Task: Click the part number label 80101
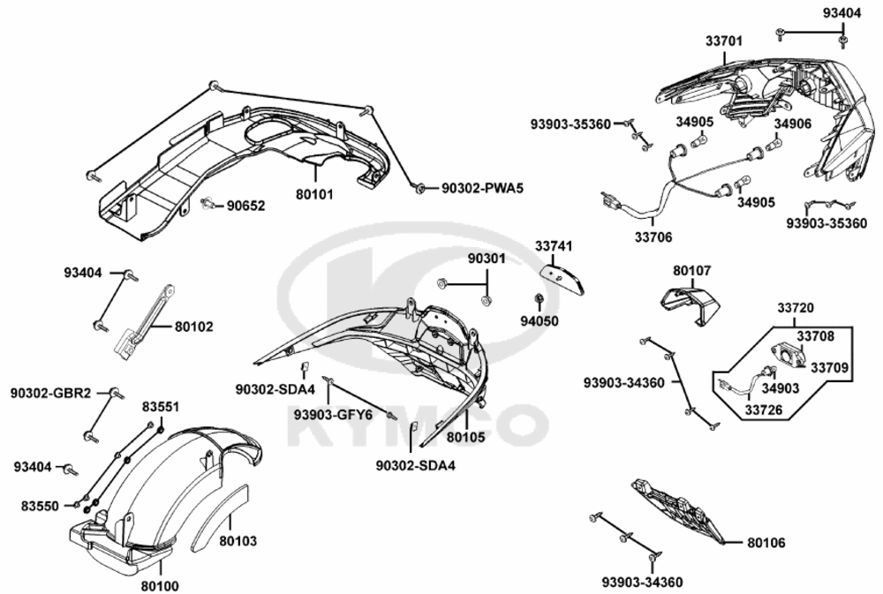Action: click(315, 194)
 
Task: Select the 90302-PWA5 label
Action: click(483, 188)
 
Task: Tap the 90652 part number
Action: click(245, 206)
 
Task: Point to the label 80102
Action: click(193, 327)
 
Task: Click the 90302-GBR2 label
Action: click(50, 393)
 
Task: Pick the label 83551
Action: click(161, 407)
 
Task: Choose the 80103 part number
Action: click(238, 541)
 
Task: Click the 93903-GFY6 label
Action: click(333, 415)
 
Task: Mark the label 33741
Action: click(554, 246)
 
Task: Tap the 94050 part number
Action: click(540, 321)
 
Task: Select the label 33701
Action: click(724, 41)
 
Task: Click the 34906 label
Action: click(792, 124)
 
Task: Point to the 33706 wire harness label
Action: click(653, 237)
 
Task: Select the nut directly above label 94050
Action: click(538, 297)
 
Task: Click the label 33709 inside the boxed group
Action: click(828, 368)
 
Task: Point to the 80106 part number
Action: click(766, 543)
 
